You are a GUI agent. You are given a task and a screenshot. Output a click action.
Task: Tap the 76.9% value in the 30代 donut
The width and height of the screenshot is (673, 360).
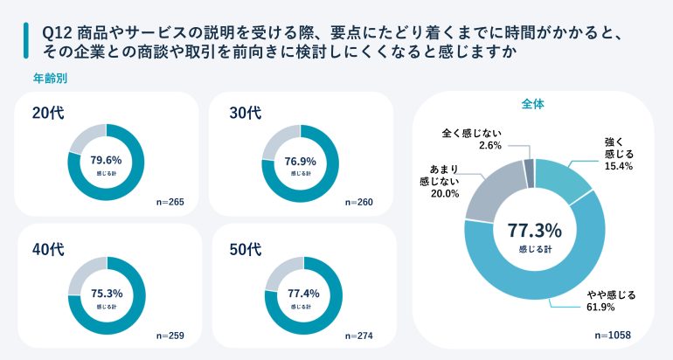301,160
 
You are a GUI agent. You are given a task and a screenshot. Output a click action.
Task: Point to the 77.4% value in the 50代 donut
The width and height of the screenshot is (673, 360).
301,293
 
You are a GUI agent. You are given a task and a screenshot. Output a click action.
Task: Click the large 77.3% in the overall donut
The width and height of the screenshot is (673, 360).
534,231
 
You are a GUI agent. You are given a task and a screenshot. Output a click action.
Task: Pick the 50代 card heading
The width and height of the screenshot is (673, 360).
245,248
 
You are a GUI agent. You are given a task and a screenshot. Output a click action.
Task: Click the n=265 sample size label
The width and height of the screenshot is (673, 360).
170,203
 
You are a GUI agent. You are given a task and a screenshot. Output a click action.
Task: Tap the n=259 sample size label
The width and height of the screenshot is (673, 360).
170,335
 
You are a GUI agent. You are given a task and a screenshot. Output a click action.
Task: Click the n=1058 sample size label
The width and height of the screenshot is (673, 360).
612,335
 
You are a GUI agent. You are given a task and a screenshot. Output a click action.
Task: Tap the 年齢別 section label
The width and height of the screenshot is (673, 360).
51,77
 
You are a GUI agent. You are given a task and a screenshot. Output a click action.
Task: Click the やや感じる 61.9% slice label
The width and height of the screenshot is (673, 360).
609,301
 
